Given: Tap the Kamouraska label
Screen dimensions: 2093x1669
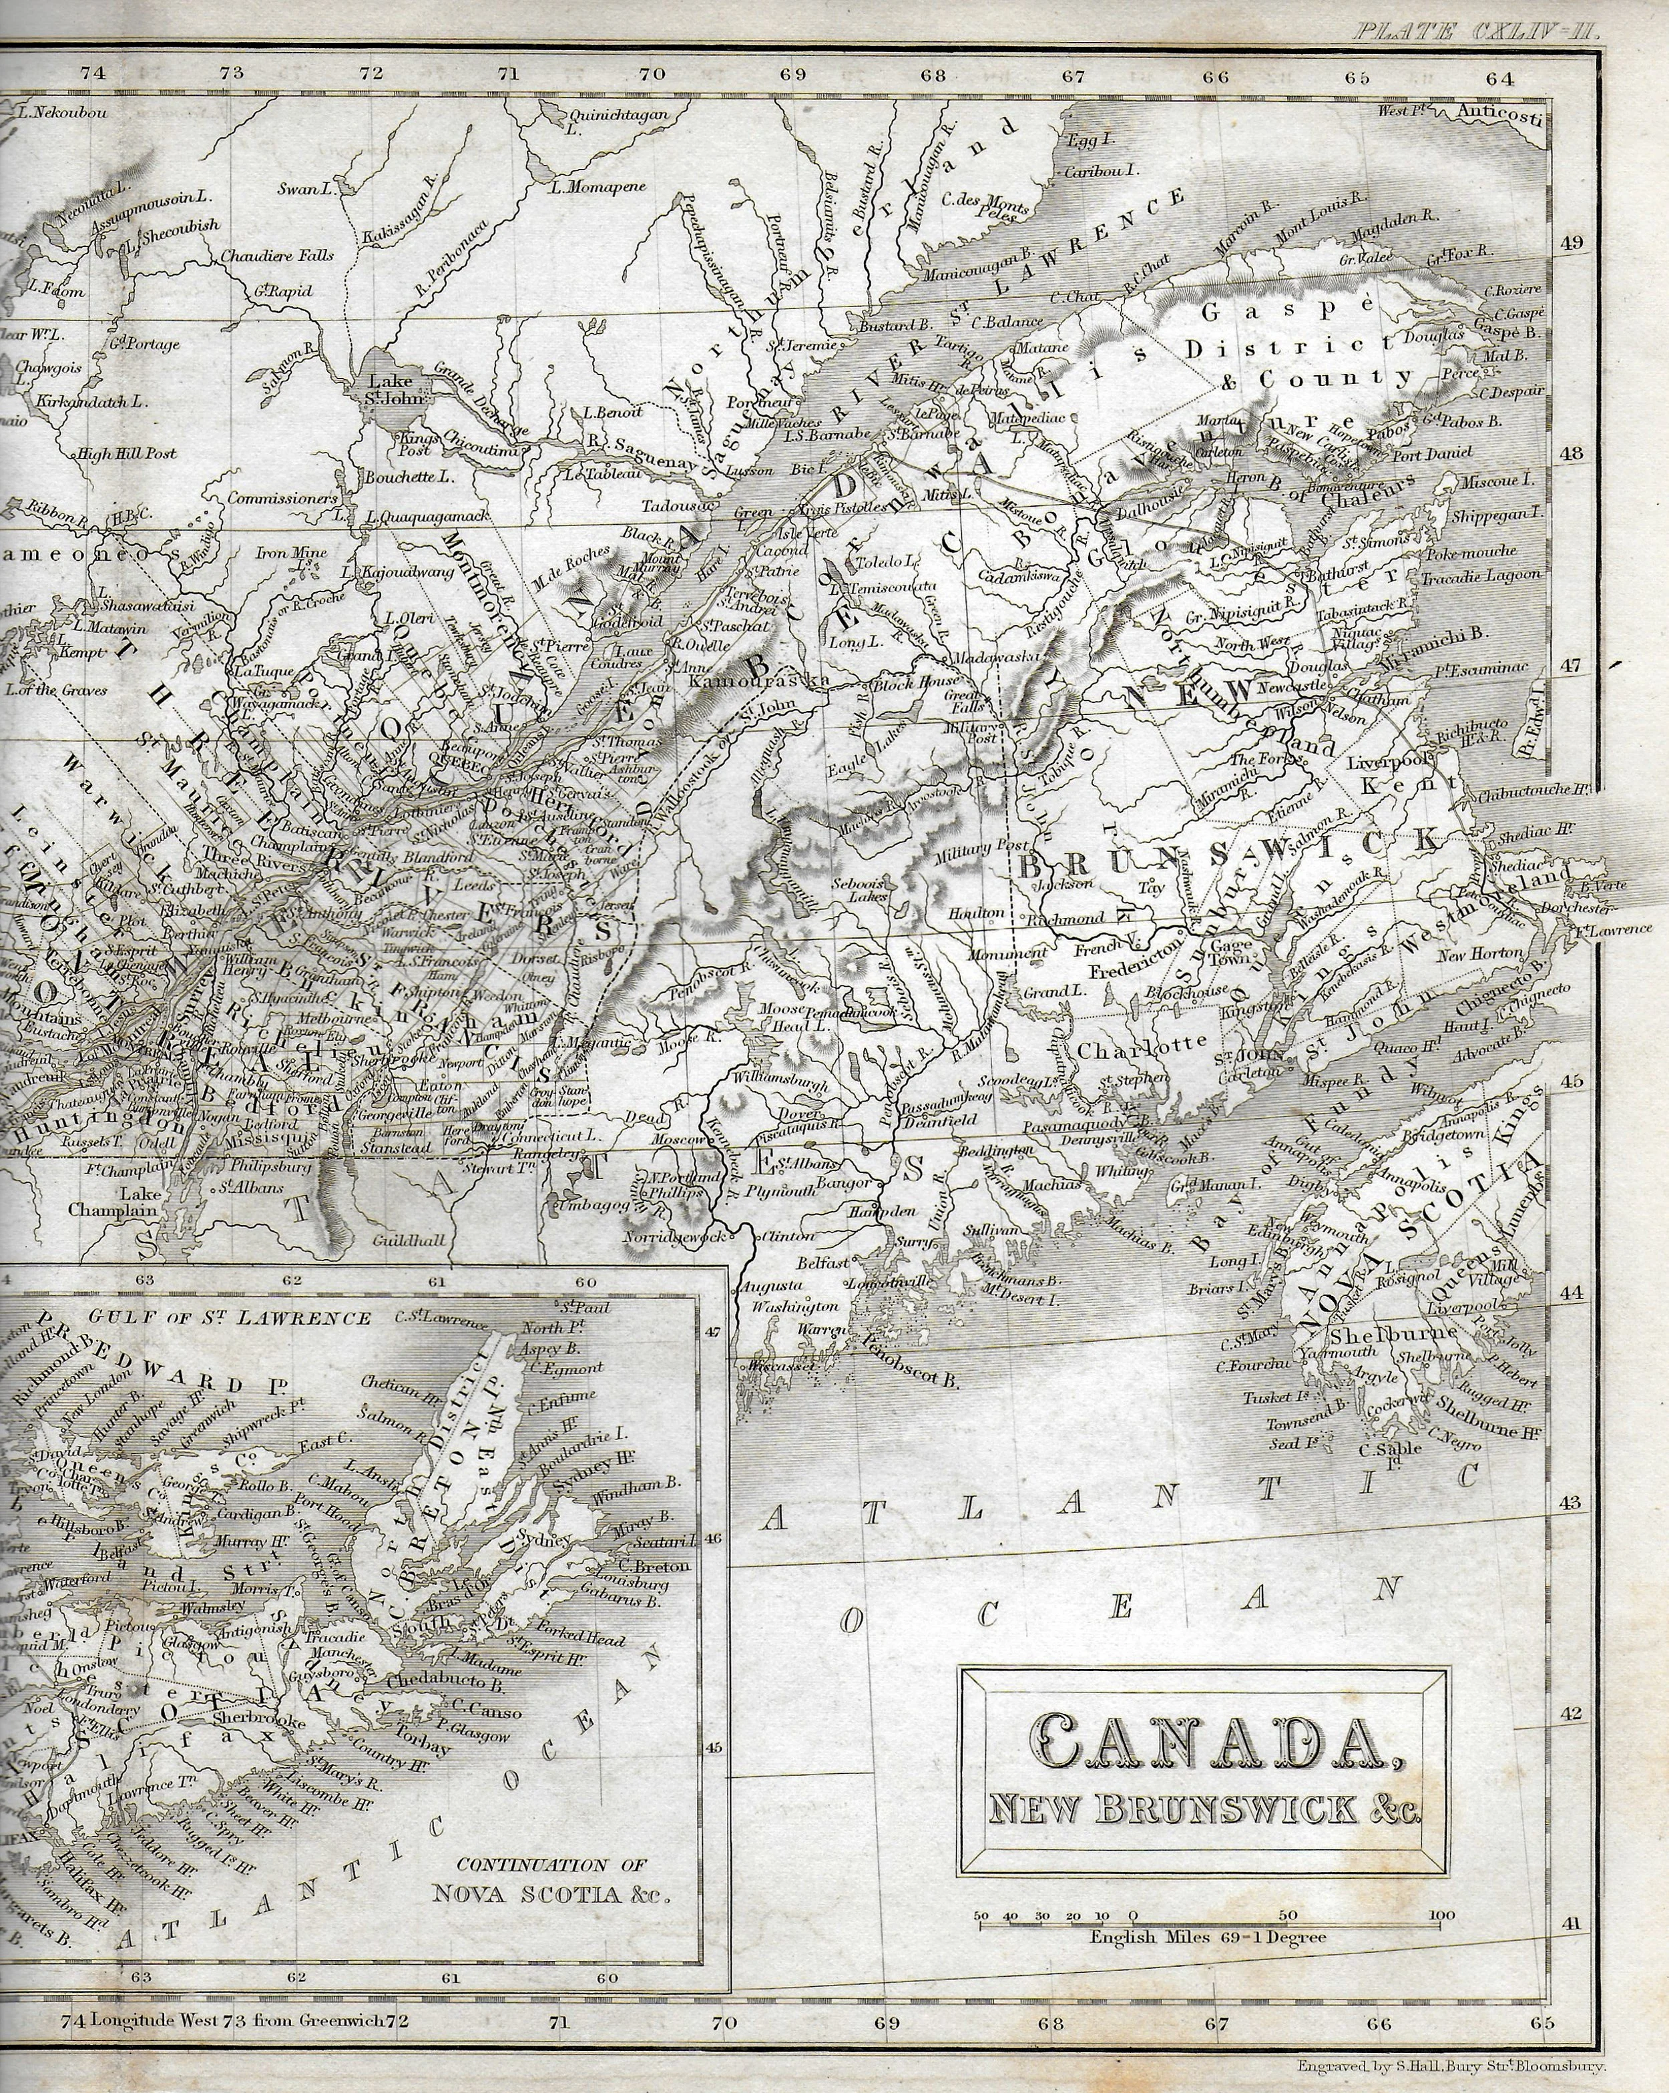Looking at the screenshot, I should click(759, 682).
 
